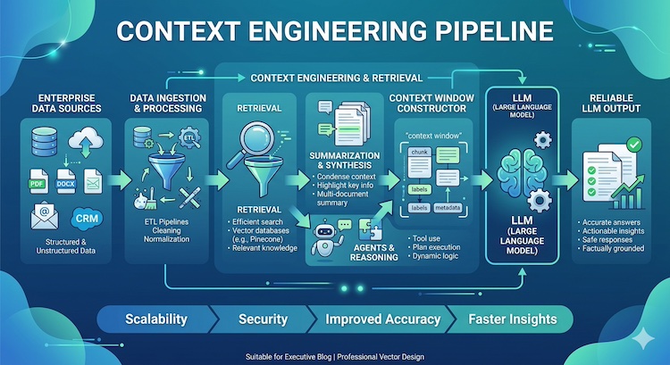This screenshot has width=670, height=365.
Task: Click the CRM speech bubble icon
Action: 86,217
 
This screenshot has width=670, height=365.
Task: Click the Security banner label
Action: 263,319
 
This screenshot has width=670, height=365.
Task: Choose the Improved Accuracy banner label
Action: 382,319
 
